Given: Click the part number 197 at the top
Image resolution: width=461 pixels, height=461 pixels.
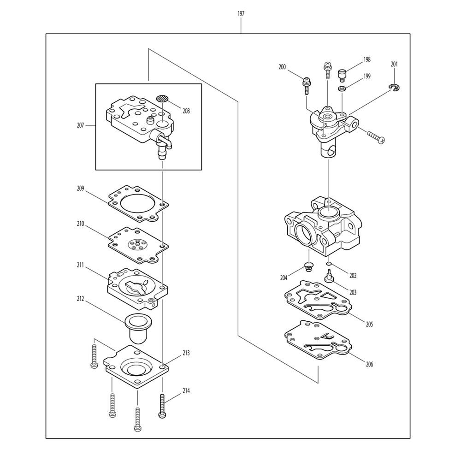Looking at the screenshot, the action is [x=241, y=14].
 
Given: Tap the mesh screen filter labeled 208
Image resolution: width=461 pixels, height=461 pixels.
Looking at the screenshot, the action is [x=162, y=98].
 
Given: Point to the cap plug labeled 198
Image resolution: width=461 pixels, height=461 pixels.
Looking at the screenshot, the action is [x=342, y=74].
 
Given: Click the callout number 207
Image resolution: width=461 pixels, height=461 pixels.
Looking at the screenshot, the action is [x=81, y=125].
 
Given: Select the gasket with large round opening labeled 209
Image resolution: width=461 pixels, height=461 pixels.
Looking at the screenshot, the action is [x=138, y=203].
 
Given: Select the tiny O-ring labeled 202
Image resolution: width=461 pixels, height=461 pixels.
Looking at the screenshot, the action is [x=328, y=264].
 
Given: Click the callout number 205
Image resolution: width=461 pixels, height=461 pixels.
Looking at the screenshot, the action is [x=369, y=324].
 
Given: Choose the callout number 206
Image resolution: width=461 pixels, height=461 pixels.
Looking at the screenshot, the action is [x=369, y=364].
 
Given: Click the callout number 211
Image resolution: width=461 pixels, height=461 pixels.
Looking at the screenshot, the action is [x=81, y=265].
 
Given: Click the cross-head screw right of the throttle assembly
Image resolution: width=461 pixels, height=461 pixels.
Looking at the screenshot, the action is [x=376, y=137].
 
